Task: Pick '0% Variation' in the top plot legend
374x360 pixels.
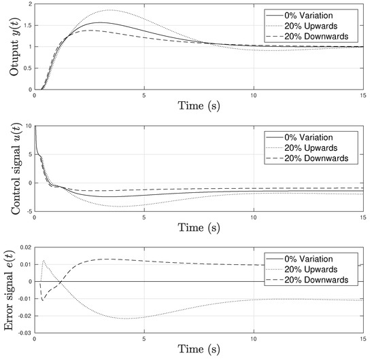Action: [x=314, y=14]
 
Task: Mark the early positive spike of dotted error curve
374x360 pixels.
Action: [x=44, y=260]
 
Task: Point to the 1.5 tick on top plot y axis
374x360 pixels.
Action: [x=27, y=25]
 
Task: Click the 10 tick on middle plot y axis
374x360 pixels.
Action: [x=28, y=126]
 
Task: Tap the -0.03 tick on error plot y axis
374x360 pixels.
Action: [x=23, y=334]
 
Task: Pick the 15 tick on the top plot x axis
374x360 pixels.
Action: [x=362, y=95]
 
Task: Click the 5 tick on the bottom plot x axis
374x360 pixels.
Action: [x=143, y=339]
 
